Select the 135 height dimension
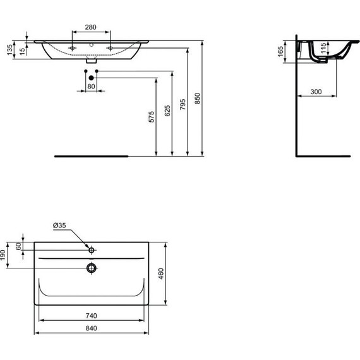(x=9, y=50)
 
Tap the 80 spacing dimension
(x=91, y=85)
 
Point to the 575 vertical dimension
(x=151, y=117)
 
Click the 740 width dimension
(x=92, y=315)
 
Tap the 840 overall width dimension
(x=92, y=328)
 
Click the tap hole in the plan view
(x=92, y=250)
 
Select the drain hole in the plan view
(x=92, y=268)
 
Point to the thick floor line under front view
(x=92, y=154)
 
